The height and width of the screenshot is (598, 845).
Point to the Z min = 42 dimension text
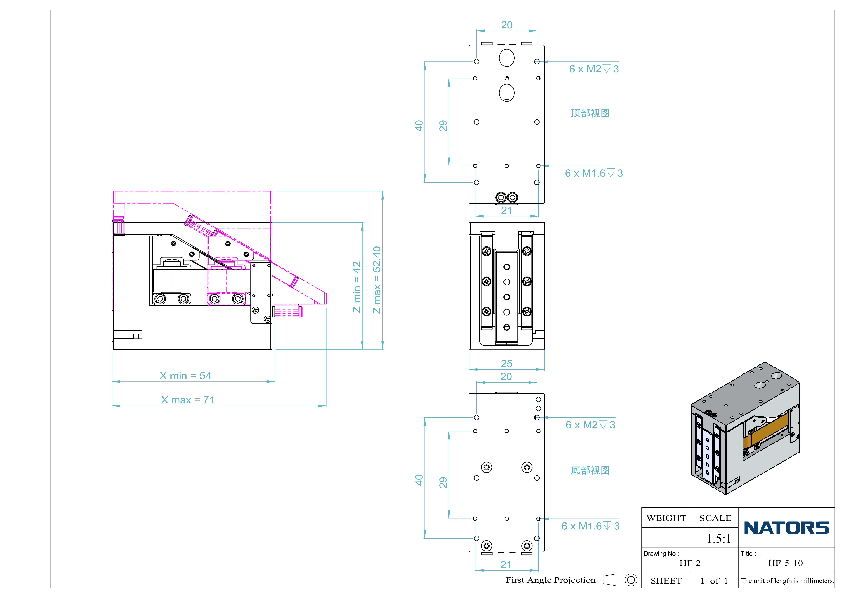click(356, 287)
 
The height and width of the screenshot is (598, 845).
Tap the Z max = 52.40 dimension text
click(376, 280)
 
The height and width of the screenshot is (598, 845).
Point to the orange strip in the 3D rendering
click(765, 429)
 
